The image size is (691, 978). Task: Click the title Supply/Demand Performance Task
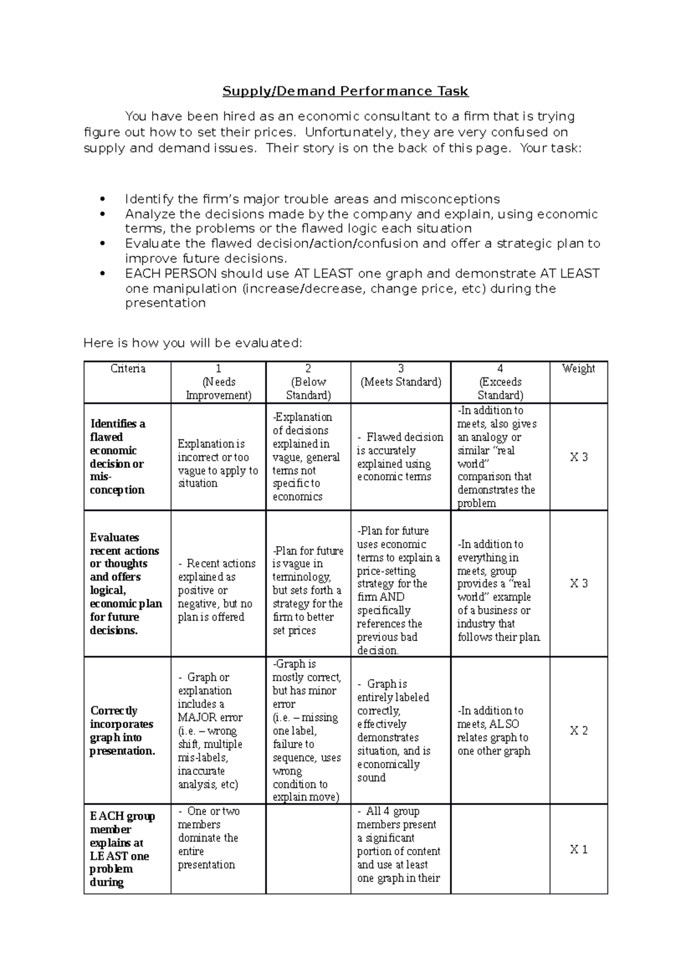point(345,91)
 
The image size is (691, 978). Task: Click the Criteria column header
point(128,369)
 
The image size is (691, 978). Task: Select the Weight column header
point(578,369)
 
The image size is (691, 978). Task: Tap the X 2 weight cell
point(579,730)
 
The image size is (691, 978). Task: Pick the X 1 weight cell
point(579,849)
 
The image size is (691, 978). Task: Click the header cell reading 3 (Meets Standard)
point(401,376)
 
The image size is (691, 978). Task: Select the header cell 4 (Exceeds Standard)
point(500,382)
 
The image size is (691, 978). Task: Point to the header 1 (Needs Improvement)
point(218,382)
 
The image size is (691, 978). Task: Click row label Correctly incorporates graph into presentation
point(122,730)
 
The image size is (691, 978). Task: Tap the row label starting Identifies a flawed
point(118,457)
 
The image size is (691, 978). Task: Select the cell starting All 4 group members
point(398,844)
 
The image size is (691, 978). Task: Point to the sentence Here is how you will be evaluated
point(192,343)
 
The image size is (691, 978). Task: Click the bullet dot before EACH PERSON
point(102,274)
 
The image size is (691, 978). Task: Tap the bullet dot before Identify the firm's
point(102,199)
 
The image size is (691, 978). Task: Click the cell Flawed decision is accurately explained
point(400,457)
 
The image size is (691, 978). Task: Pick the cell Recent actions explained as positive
point(217,590)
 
